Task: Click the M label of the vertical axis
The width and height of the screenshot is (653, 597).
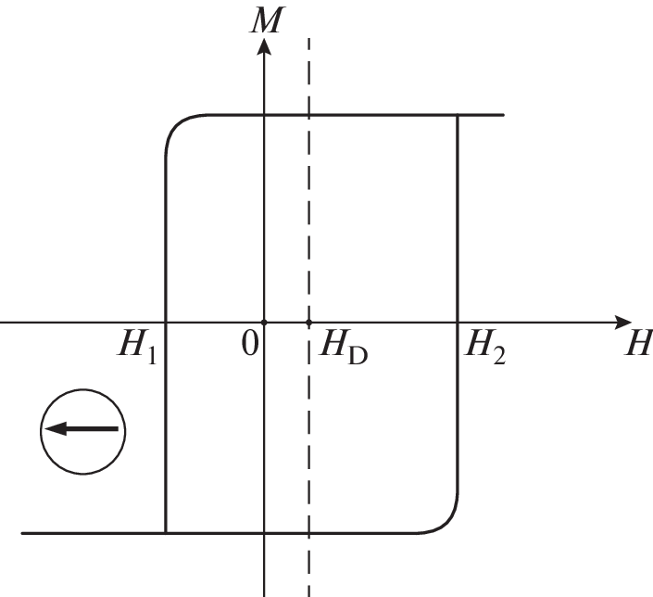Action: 268,19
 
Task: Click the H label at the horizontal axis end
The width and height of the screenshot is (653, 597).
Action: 638,342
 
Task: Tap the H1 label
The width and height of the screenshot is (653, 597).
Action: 137,347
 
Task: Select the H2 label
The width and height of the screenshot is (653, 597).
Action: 484,347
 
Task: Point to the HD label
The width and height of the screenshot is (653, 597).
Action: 343,347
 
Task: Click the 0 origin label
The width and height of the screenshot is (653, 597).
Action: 250,344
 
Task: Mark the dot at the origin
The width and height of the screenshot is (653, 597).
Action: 264,323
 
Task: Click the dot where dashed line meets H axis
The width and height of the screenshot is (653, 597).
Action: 308,323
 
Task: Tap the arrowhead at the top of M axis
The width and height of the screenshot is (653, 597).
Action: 264,45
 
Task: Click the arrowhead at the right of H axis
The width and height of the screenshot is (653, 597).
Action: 623,323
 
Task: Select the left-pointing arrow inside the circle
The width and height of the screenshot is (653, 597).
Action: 82,428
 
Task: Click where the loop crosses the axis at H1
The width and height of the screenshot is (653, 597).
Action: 166,323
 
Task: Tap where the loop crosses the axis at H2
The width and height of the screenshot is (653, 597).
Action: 458,323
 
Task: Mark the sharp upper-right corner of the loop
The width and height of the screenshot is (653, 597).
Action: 458,114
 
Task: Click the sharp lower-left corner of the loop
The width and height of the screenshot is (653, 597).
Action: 166,533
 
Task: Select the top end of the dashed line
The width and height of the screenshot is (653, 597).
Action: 308,38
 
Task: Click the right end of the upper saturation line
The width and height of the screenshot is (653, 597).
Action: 504,114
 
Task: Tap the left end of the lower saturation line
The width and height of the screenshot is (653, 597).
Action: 22,533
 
